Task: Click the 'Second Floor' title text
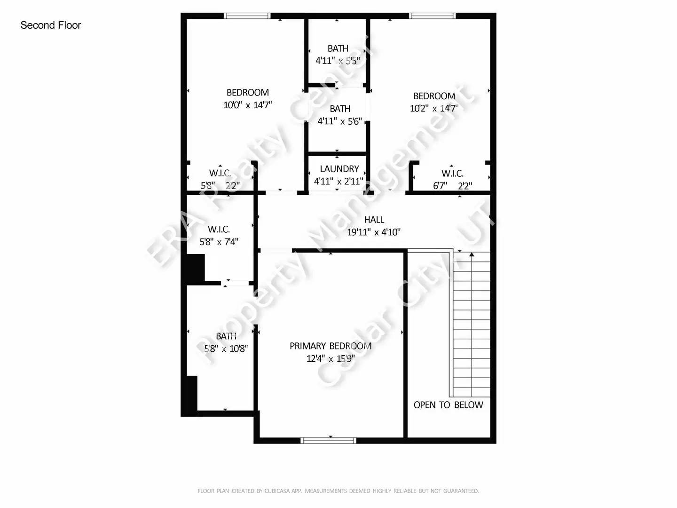(x=51, y=25)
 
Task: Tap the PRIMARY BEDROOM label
(x=331, y=346)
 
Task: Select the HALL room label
(x=374, y=220)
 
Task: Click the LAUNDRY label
(x=339, y=169)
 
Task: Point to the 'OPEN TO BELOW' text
(x=448, y=405)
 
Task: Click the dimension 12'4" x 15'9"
(x=331, y=358)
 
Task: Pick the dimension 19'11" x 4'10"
(x=374, y=232)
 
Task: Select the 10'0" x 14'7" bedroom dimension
(x=248, y=105)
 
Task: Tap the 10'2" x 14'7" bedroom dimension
(x=434, y=108)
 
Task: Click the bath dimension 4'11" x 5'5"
(x=338, y=61)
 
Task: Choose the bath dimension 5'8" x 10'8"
(x=226, y=349)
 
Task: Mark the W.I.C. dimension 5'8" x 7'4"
(x=219, y=242)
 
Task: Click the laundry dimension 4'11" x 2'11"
(x=338, y=181)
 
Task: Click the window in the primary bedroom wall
(x=328, y=440)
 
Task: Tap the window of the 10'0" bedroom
(x=247, y=16)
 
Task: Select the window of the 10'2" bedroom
(x=433, y=16)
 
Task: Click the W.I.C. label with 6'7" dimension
(x=452, y=174)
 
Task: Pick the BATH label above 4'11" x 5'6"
(x=340, y=109)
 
